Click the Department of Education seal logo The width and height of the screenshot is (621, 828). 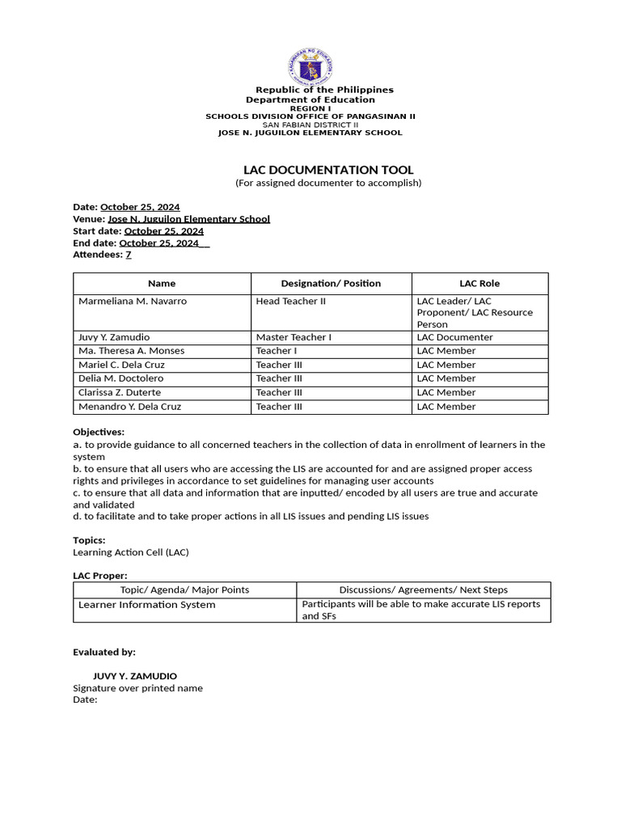point(310,67)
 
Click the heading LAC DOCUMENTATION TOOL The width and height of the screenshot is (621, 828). point(328,170)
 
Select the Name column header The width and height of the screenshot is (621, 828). point(162,284)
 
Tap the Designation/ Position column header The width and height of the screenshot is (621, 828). point(331,284)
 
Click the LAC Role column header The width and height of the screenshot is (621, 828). point(479,284)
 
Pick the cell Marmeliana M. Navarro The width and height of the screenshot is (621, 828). point(133,302)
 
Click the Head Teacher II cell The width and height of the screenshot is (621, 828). point(290,302)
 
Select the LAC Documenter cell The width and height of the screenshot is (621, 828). point(454,337)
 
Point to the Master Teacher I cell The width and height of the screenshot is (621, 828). point(294,337)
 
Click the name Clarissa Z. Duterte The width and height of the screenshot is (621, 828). point(120,393)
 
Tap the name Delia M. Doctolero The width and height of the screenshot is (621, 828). point(120,378)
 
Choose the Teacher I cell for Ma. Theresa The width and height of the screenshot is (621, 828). point(277,351)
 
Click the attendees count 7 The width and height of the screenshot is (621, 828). point(128,255)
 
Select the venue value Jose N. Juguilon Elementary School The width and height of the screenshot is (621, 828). point(188,219)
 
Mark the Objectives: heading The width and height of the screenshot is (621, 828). point(99,433)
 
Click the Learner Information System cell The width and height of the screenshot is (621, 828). point(146,605)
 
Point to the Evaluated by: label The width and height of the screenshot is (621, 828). point(104,652)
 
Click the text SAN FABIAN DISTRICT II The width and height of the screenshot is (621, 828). point(310,125)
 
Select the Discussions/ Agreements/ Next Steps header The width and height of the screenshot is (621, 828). point(424,590)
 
